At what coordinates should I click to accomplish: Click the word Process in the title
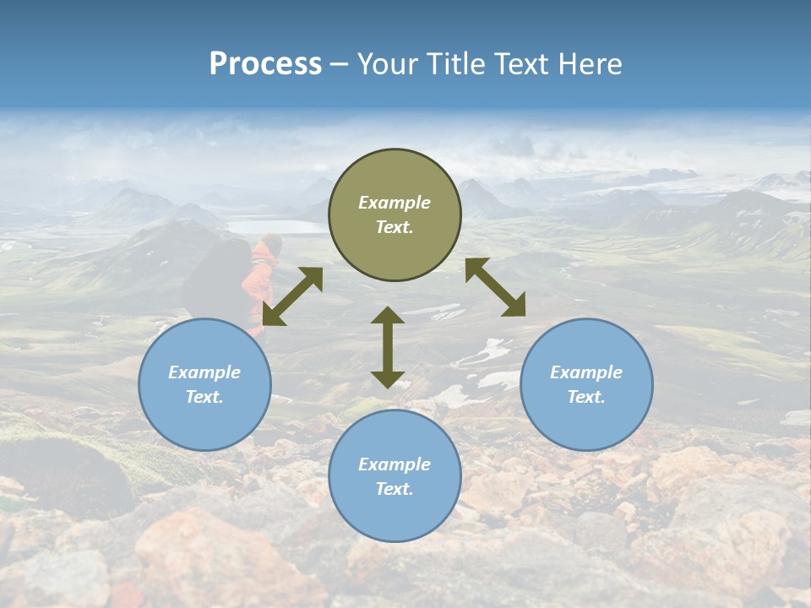[x=265, y=64]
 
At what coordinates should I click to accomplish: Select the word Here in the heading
[x=589, y=64]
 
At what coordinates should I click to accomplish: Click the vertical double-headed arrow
[x=388, y=347]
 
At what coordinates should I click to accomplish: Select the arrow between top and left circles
[x=292, y=296]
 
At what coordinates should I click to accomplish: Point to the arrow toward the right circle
[x=495, y=288]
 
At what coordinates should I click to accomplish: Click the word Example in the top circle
[x=395, y=203]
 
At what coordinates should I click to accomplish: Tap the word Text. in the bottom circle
[x=395, y=489]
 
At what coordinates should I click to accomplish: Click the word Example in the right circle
[x=586, y=372]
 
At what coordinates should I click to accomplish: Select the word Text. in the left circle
[x=204, y=397]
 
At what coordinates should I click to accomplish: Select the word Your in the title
[x=388, y=64]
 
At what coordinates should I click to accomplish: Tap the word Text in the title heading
[x=522, y=64]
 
